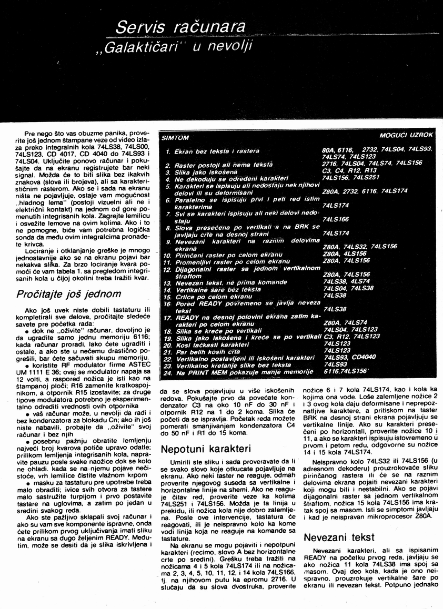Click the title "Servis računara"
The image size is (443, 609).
[180, 27]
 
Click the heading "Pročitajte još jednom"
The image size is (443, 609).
[69, 293]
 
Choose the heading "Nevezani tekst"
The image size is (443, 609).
[339, 537]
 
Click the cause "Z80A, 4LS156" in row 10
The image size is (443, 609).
[344, 254]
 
